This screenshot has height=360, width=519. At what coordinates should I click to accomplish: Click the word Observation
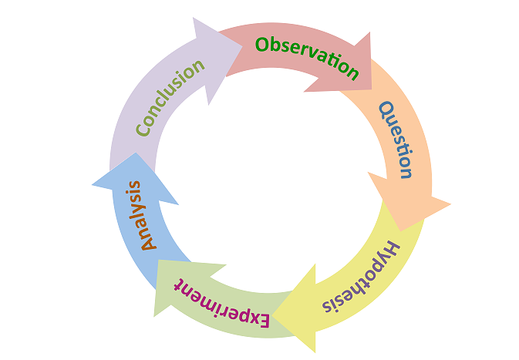tap(307, 58)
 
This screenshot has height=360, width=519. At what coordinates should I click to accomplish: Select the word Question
tap(396, 140)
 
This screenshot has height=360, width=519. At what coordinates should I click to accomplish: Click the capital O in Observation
tap(263, 44)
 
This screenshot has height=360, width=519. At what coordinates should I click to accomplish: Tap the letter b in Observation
tap(277, 45)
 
